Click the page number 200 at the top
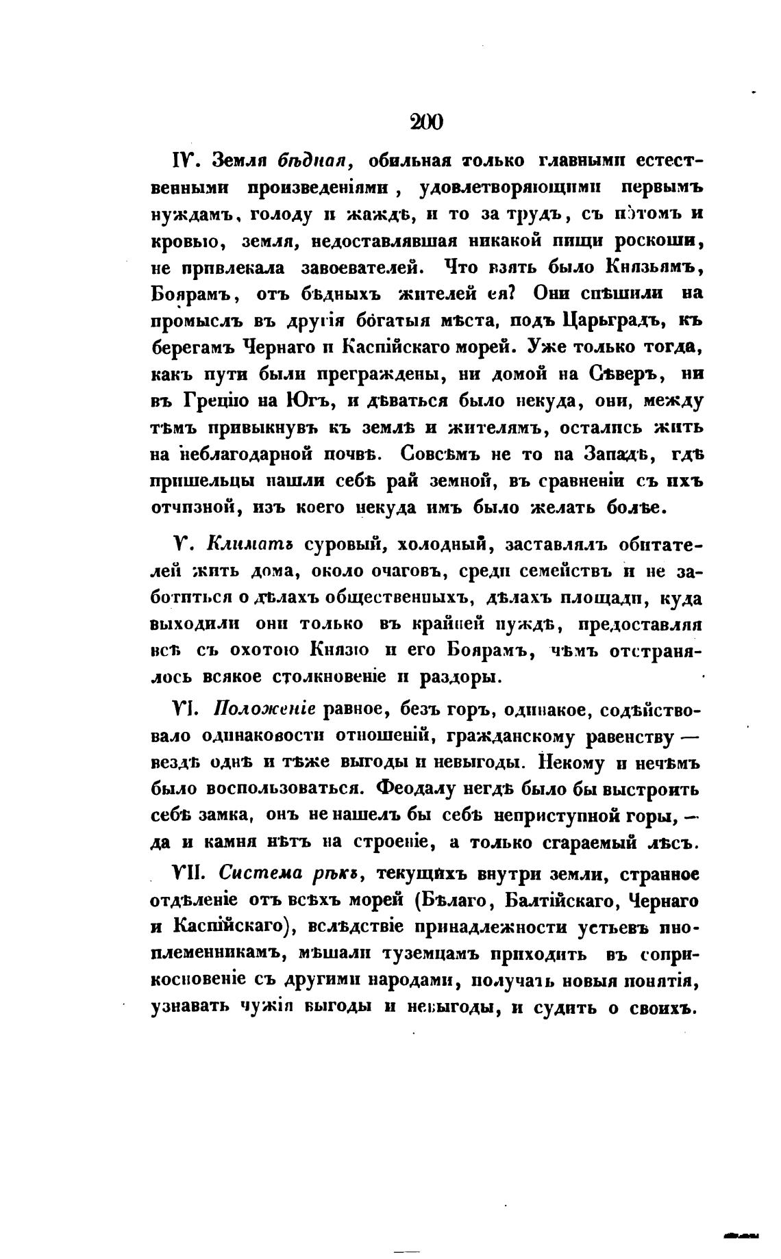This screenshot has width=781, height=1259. click(426, 123)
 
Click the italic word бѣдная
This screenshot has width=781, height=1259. click(305, 162)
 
